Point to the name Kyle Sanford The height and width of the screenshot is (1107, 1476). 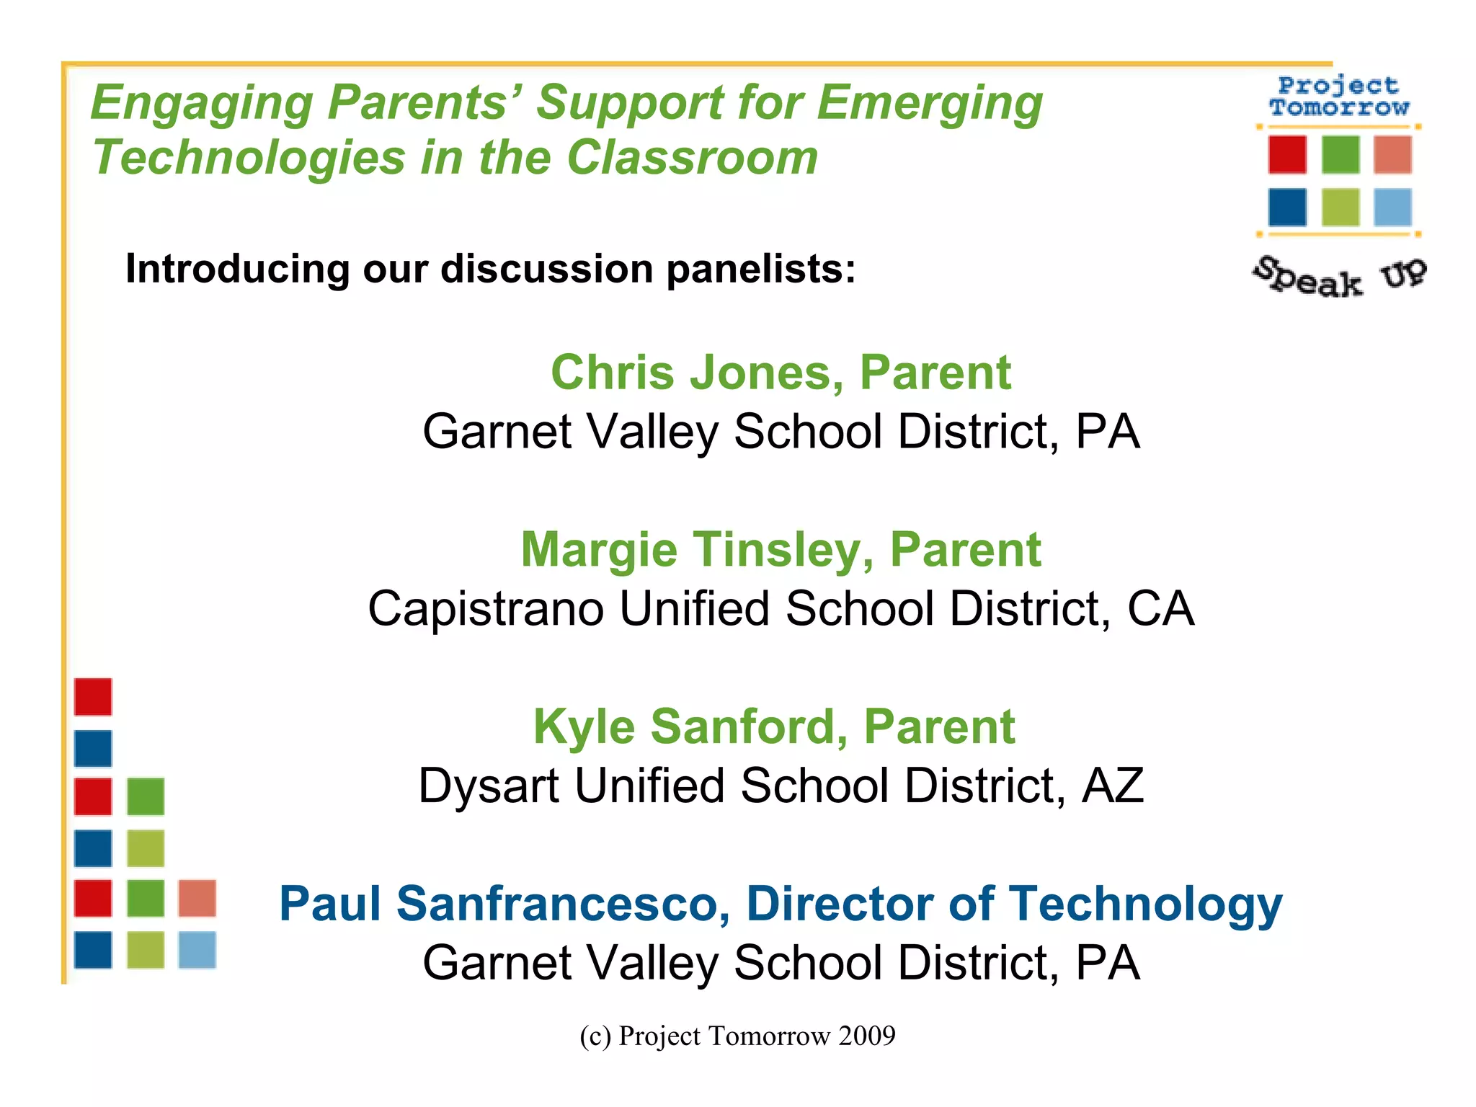tap(690, 726)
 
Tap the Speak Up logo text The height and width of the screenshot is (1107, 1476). tap(1339, 277)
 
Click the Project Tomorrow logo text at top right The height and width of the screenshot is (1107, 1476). tap(1338, 97)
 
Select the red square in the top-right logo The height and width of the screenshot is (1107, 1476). tap(1287, 154)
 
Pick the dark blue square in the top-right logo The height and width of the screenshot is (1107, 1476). tap(1287, 208)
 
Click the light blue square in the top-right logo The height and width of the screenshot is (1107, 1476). tap(1392, 208)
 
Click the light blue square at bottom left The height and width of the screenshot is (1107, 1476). tap(197, 950)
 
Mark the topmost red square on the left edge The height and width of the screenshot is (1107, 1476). tap(93, 697)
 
